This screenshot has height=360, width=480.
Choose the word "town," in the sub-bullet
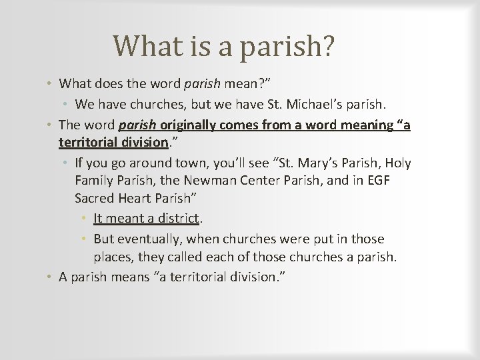[179, 163]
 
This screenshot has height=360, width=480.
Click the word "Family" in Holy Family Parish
[93, 181]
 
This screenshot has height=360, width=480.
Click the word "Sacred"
[94, 199]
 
